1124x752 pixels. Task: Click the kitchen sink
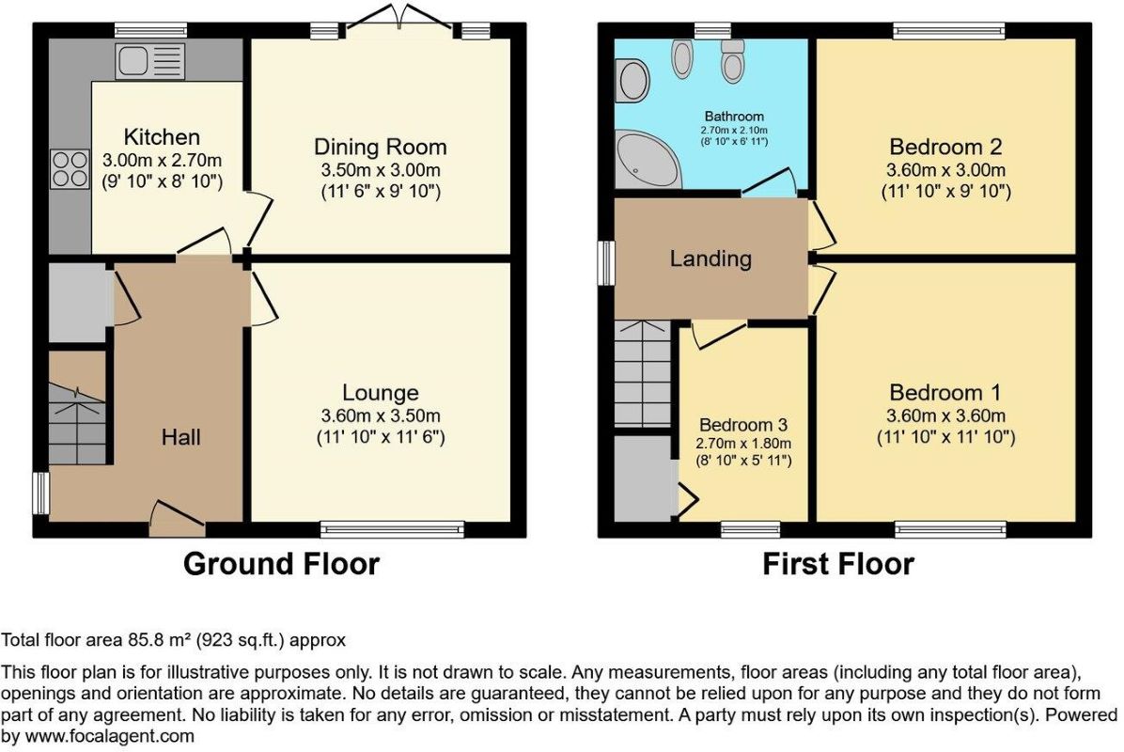tap(149, 61)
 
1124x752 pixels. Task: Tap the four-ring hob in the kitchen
tap(70, 169)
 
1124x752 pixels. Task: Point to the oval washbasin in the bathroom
tap(632, 80)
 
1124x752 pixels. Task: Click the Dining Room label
tap(381, 147)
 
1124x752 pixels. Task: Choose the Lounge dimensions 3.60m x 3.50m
tap(381, 415)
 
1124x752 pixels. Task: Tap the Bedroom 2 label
tap(945, 147)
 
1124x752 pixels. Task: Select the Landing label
tap(711, 258)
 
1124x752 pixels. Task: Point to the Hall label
tap(180, 437)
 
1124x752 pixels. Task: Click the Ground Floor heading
tap(281, 564)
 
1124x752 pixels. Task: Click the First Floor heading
tap(838, 564)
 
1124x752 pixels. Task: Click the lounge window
tap(392, 530)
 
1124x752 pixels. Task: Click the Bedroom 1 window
tap(950, 530)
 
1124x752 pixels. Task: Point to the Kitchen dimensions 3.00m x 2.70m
tap(162, 160)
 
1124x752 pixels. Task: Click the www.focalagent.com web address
tap(110, 736)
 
